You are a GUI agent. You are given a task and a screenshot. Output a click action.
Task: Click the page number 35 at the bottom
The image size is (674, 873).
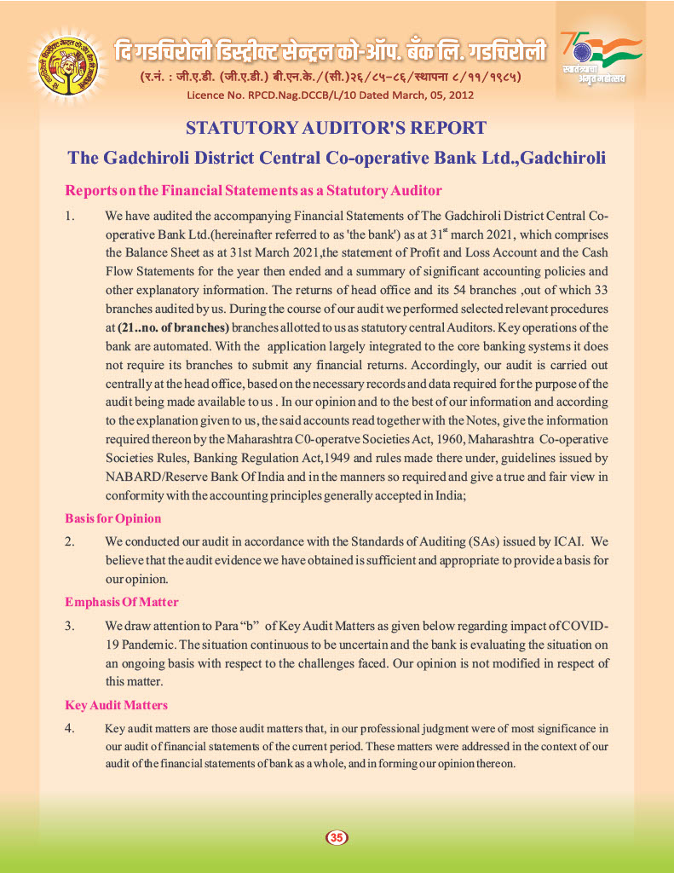pyautogui.click(x=337, y=838)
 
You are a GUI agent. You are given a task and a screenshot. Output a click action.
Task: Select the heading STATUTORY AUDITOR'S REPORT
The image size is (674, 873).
pyautogui.click(x=337, y=129)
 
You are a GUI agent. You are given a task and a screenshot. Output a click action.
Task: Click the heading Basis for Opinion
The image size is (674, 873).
pyautogui.click(x=113, y=518)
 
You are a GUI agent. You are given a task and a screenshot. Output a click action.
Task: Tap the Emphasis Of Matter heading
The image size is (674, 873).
pyautogui.click(x=122, y=602)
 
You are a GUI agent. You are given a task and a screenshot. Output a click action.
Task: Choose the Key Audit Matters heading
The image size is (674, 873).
pyautogui.click(x=117, y=705)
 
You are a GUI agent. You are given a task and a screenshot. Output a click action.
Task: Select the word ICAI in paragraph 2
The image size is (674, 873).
pyautogui.click(x=566, y=541)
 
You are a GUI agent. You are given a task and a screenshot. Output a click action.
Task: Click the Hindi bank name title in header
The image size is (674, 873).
pyautogui.click(x=331, y=52)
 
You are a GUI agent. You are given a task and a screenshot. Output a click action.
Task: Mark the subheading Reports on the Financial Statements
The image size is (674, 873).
pyautogui.click(x=254, y=190)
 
